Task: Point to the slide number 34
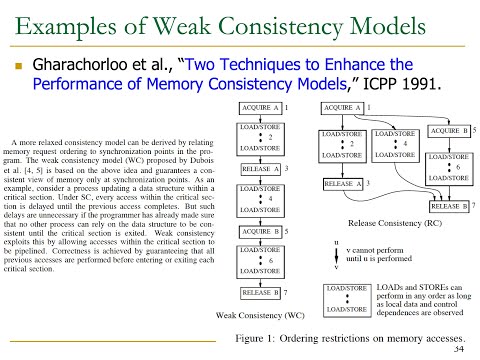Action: (459, 349)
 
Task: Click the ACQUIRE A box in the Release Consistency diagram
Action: (342, 106)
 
